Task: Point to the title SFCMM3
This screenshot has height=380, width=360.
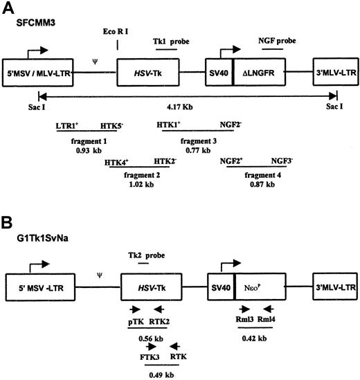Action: point(36,23)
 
